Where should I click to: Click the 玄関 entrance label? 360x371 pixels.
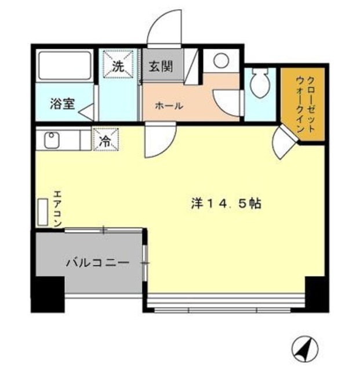[159, 66]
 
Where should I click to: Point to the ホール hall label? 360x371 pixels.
[169, 106]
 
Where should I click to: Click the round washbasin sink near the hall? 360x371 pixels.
[221, 61]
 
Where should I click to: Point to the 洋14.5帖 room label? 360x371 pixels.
[226, 204]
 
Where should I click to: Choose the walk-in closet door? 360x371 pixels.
[283, 141]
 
